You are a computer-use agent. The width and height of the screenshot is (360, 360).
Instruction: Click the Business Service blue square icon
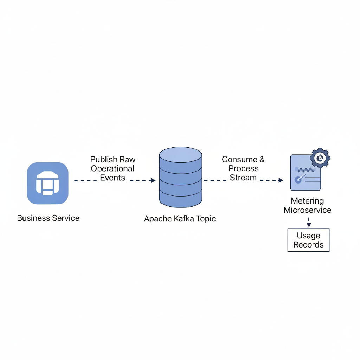point(47,183)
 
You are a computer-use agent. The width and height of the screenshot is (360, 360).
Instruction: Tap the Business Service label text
point(48,218)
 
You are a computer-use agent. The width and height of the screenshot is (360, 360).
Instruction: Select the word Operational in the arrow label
point(112,168)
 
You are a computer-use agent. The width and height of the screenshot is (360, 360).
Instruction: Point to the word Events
point(112,178)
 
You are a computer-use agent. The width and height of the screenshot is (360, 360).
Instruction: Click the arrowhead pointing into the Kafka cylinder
point(153,180)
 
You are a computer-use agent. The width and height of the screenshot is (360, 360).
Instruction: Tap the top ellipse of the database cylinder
point(181,154)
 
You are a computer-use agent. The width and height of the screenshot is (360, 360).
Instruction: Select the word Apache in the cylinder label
point(157,219)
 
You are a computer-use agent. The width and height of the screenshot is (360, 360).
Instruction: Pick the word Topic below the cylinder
point(206,219)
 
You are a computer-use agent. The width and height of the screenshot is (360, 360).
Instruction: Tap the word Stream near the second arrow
point(243,178)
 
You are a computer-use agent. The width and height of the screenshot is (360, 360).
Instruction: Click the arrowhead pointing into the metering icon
point(281,180)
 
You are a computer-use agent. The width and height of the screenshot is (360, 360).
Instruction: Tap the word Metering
point(307,201)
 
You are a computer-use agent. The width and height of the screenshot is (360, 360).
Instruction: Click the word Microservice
point(307,210)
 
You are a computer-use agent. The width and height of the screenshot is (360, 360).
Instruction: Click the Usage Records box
point(308,240)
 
